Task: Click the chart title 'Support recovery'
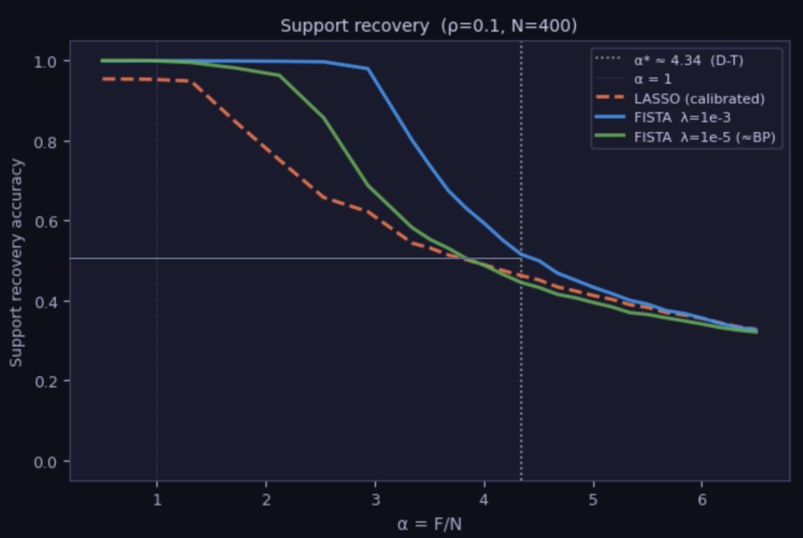pyautogui.click(x=429, y=26)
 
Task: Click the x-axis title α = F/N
pyautogui.click(x=429, y=523)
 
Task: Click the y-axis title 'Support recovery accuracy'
pyautogui.click(x=17, y=261)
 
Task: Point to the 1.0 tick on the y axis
pyautogui.click(x=46, y=61)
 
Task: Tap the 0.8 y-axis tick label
pyautogui.click(x=46, y=141)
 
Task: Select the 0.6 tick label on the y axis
pyautogui.click(x=46, y=221)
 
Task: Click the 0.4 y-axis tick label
pyautogui.click(x=46, y=302)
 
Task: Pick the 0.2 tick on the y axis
pyautogui.click(x=46, y=382)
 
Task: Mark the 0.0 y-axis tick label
pyautogui.click(x=46, y=462)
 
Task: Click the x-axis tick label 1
pyautogui.click(x=156, y=498)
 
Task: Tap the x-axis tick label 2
pyautogui.click(x=265, y=498)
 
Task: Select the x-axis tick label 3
pyautogui.click(x=375, y=498)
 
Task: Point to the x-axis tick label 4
pyautogui.click(x=484, y=498)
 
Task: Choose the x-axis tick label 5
pyautogui.click(x=593, y=498)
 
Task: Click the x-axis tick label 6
pyautogui.click(x=702, y=498)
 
